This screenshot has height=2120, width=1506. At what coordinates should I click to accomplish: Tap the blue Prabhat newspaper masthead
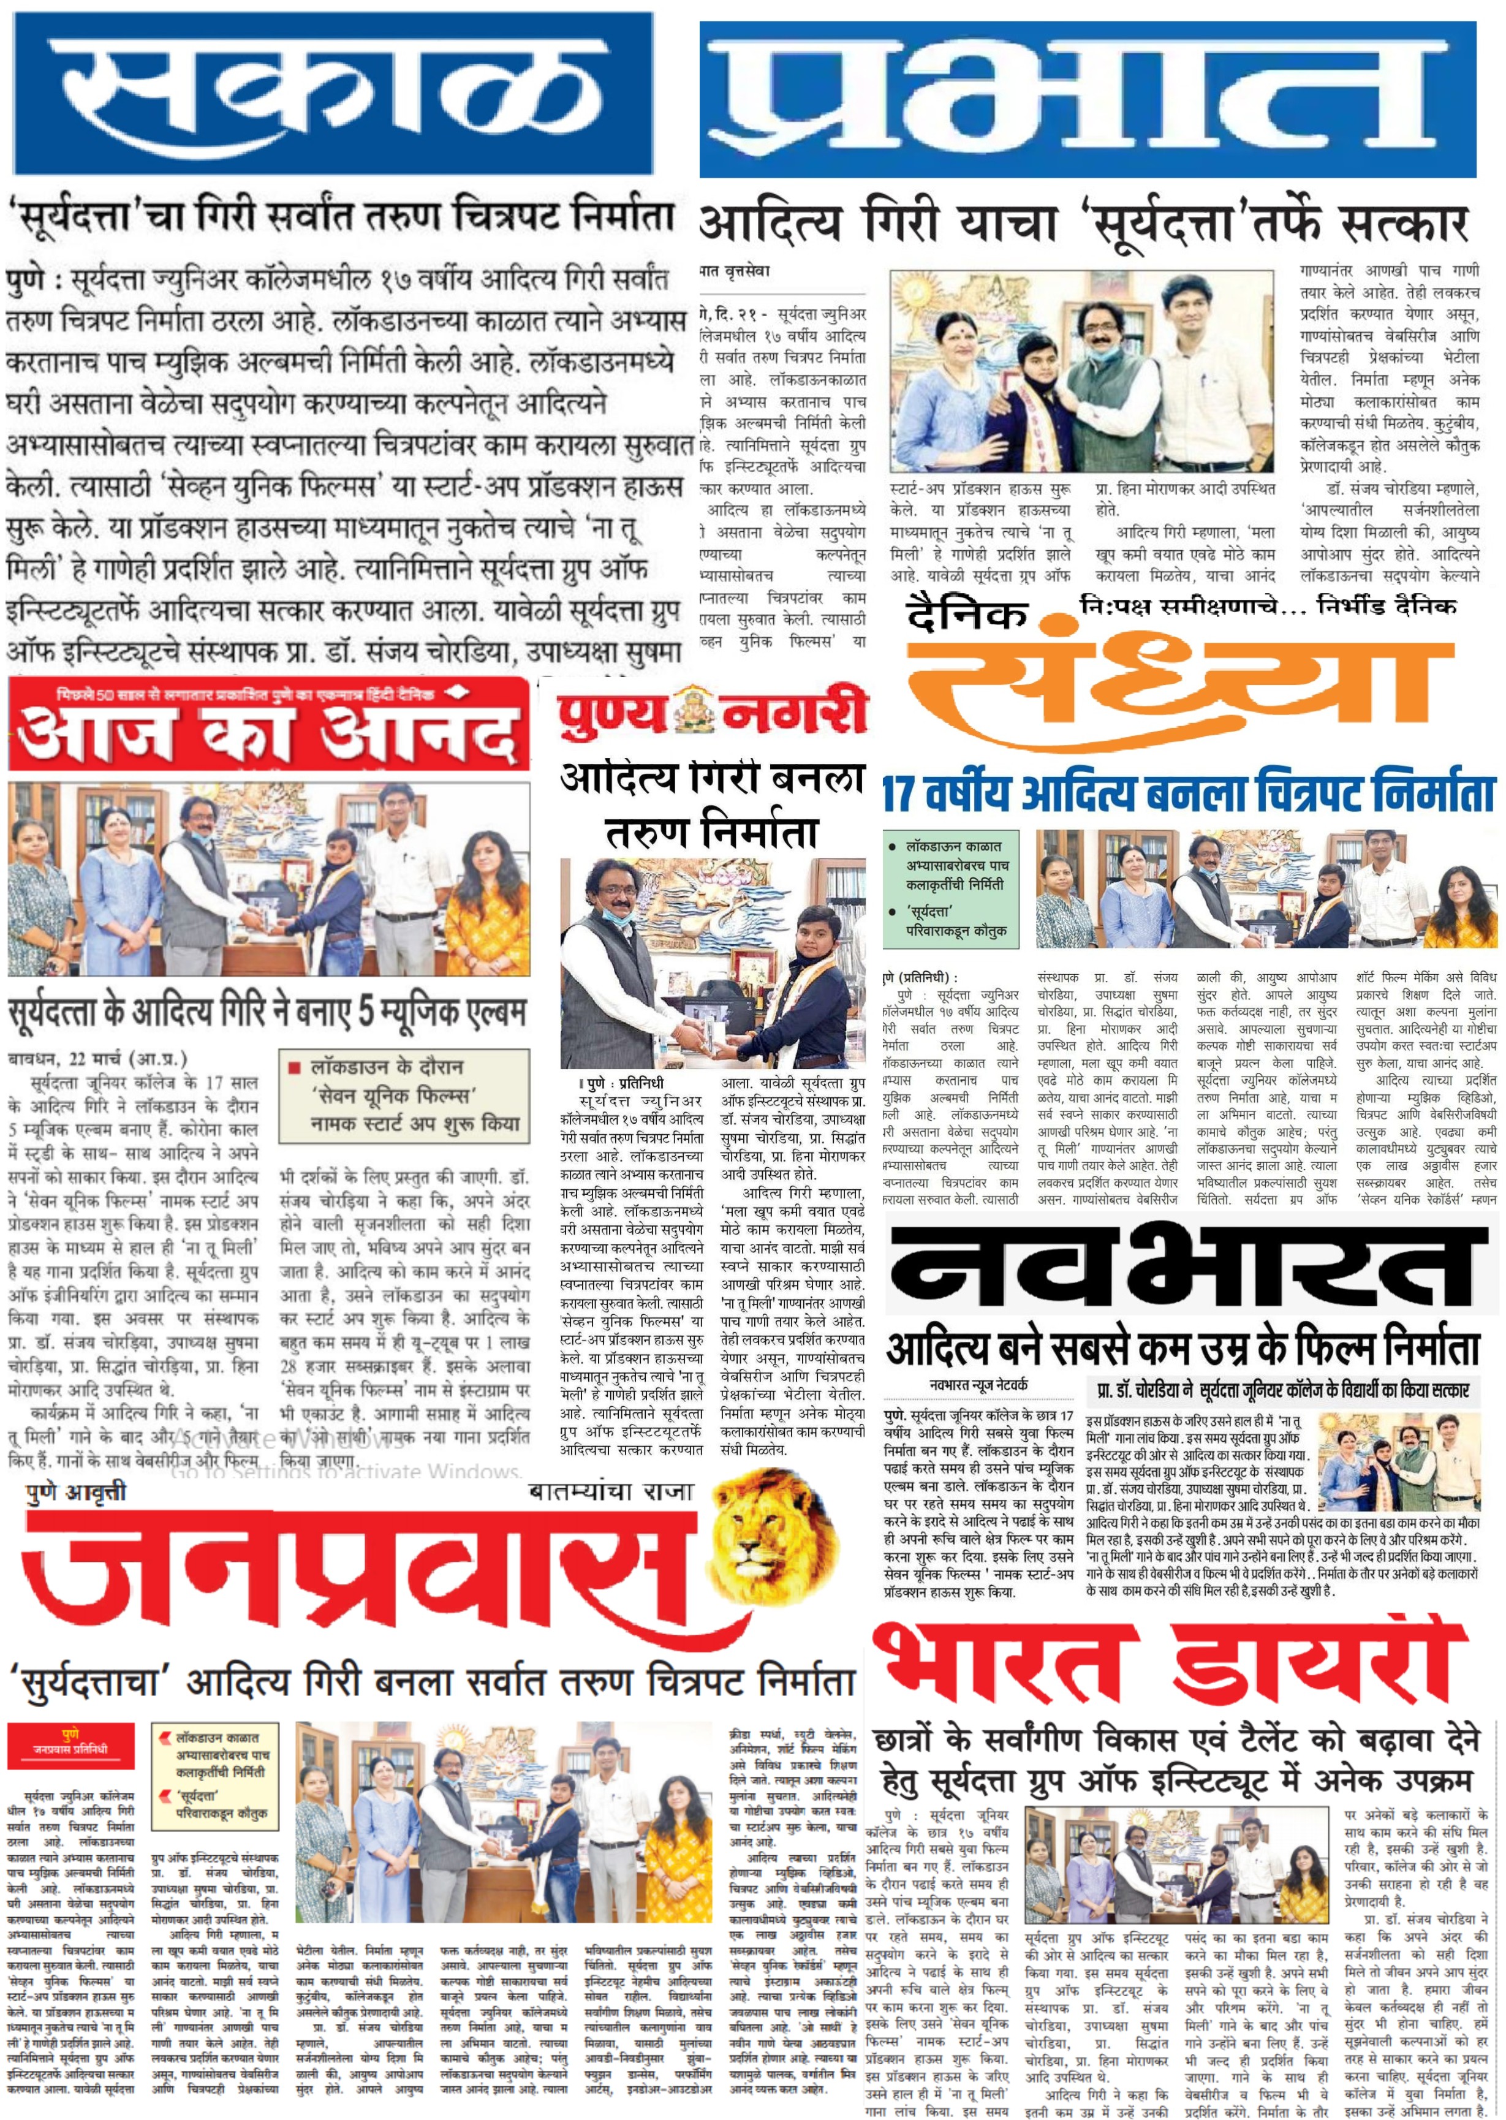point(1087,98)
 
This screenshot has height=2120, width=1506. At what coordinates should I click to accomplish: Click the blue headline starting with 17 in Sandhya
point(1189,794)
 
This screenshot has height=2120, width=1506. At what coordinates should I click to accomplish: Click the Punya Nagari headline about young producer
point(711,805)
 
